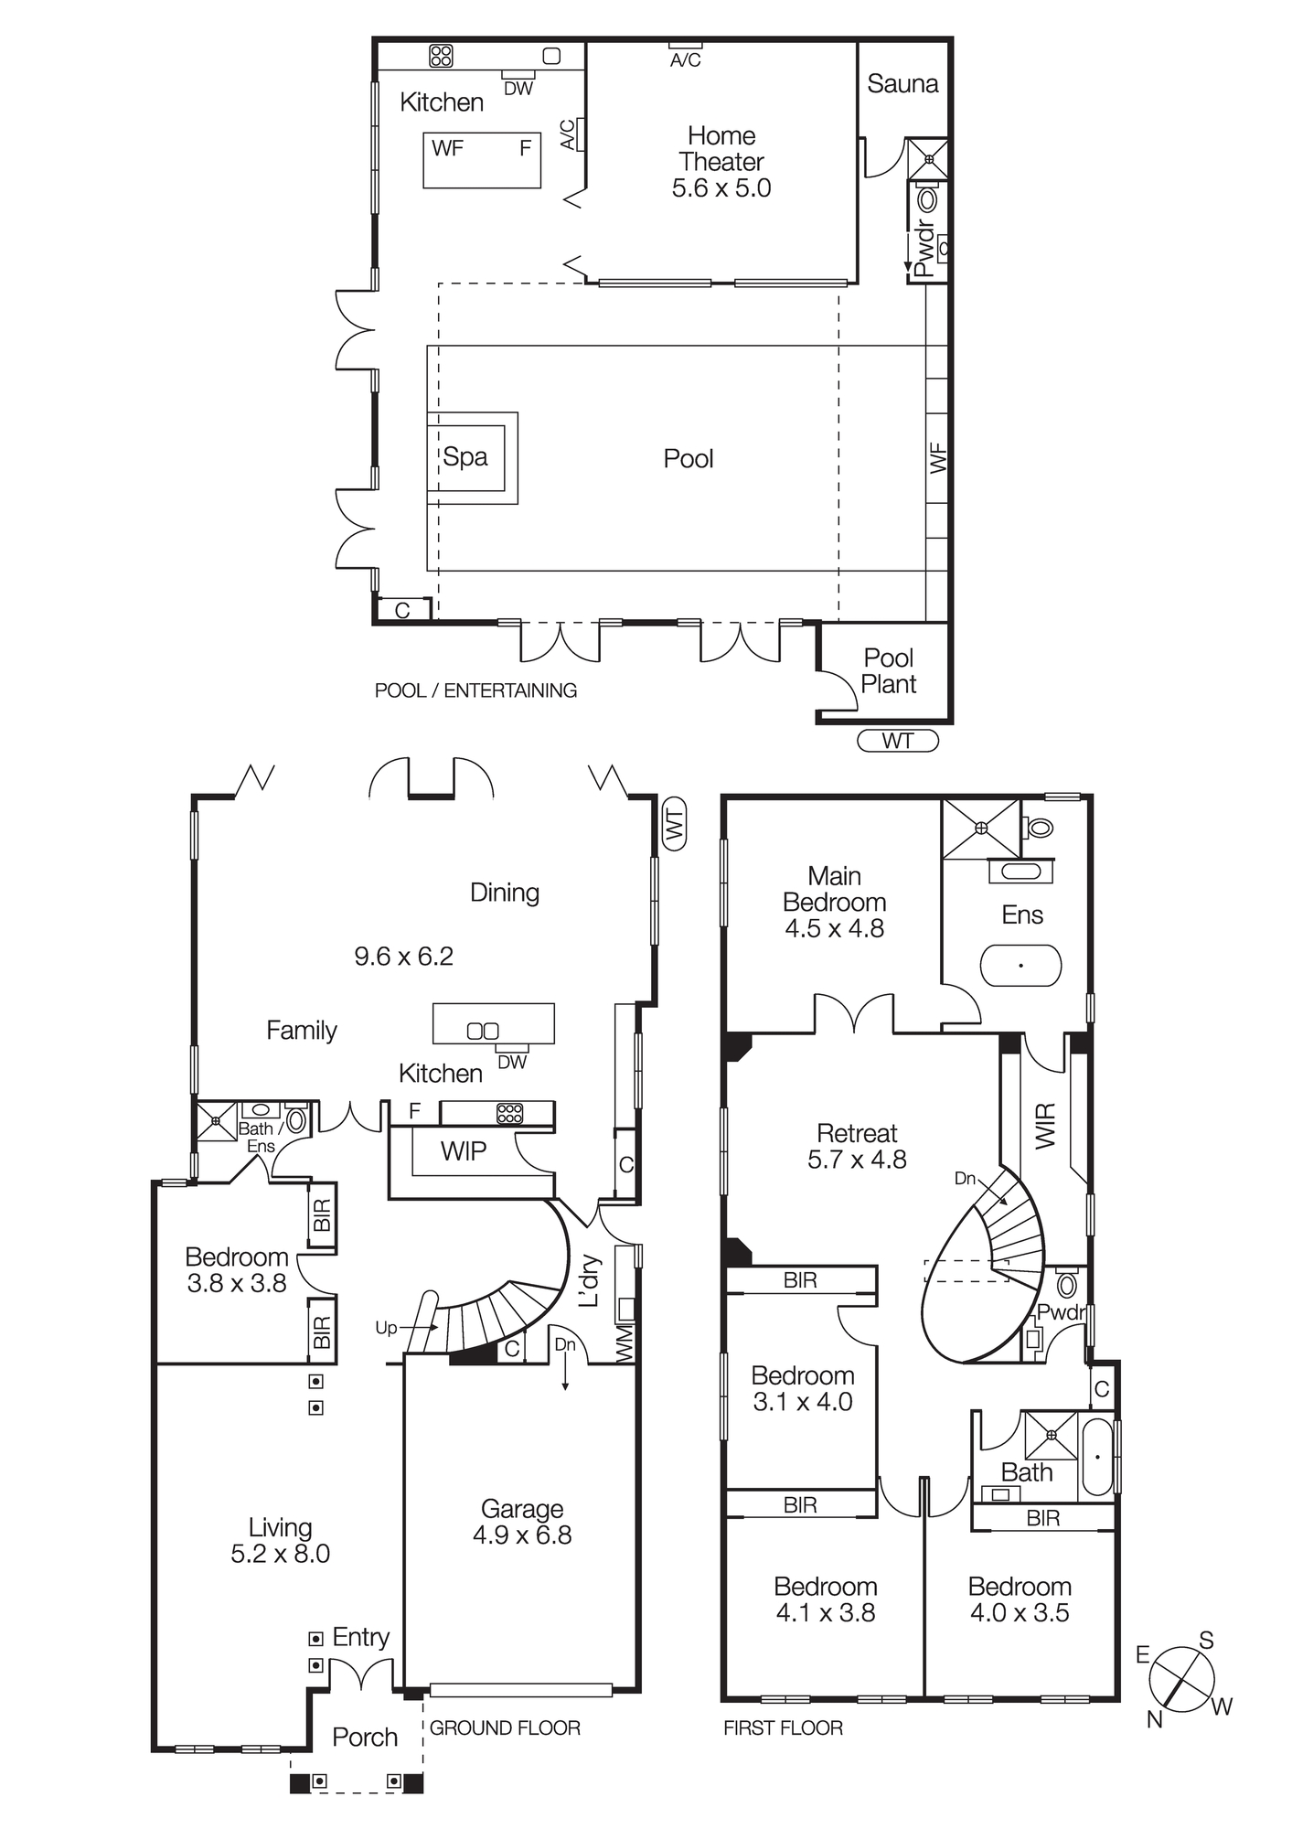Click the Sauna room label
pos(902,84)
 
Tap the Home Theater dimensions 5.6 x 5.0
pos(721,188)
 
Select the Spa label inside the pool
pos(465,457)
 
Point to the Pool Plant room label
pos(889,670)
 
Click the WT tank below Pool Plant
pos(898,741)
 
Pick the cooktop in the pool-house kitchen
pos(441,56)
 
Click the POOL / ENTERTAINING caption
pos(475,690)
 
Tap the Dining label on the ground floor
pos(504,893)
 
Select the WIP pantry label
pos(463,1151)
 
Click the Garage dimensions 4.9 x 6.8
pos(522,1535)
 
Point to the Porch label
pos(365,1737)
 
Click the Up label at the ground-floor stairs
pos(386,1327)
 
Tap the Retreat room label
pos(857,1133)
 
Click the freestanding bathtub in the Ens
pos(1020,965)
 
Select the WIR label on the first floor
pos(1045,1126)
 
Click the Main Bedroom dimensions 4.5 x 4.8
pos(834,928)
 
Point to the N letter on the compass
pos(1155,1720)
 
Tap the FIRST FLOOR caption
pos(783,1727)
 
